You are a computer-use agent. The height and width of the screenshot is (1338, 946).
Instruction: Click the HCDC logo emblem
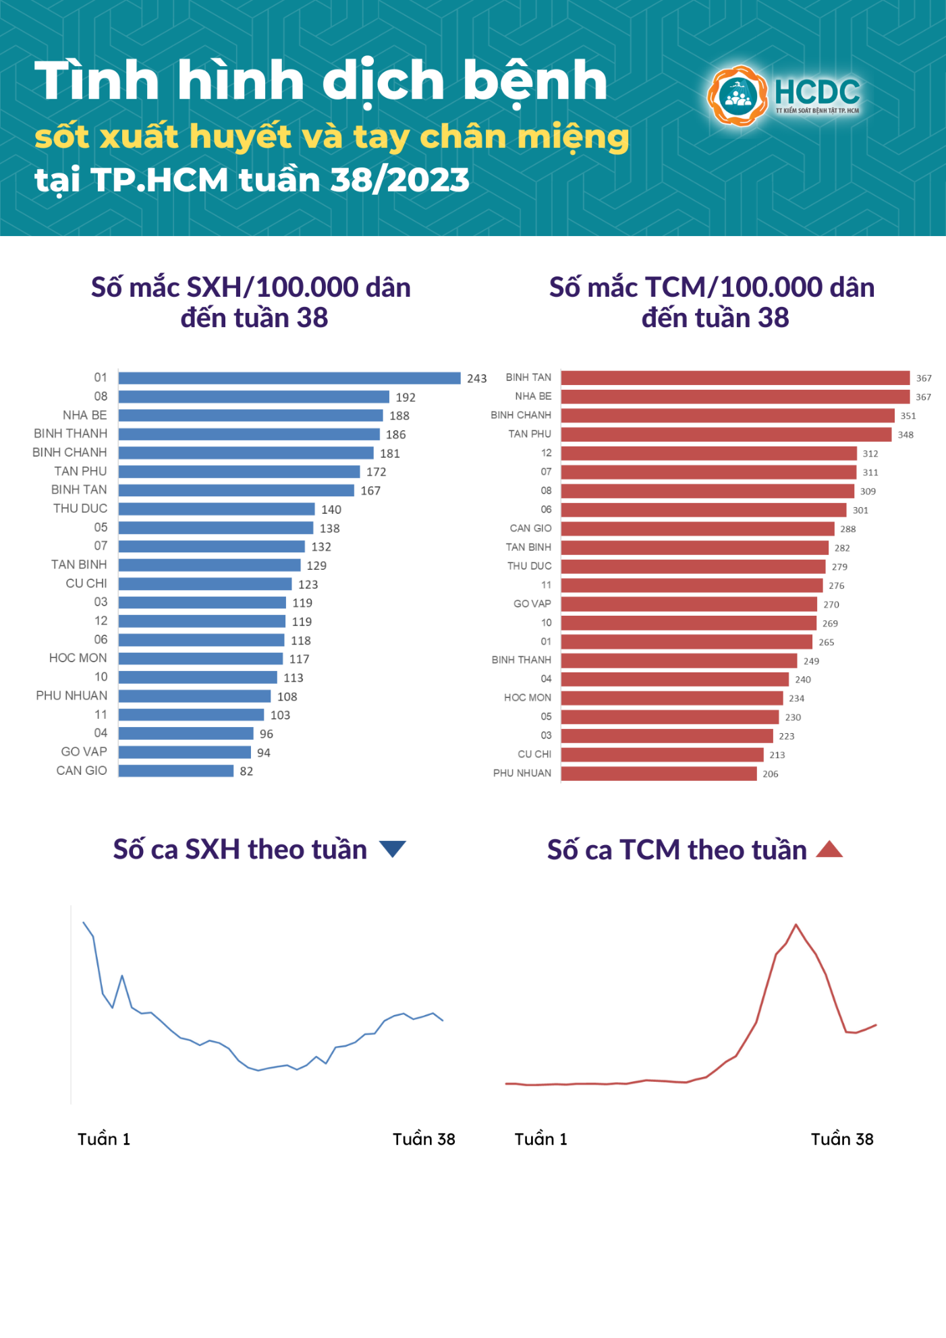point(738,96)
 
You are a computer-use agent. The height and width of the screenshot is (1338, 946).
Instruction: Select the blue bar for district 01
point(289,378)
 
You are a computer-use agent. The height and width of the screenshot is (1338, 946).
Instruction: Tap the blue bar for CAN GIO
point(176,771)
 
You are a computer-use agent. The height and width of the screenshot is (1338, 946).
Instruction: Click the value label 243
point(476,378)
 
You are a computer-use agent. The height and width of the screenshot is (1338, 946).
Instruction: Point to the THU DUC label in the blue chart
point(80,508)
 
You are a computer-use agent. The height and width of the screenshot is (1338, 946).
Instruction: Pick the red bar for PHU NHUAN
point(659,774)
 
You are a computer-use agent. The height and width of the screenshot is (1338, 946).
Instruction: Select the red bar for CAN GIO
point(698,529)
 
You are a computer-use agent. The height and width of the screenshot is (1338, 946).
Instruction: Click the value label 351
point(908,416)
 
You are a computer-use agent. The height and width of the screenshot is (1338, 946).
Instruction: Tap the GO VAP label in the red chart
point(532,604)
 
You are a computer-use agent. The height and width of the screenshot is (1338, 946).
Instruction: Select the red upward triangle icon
point(829,849)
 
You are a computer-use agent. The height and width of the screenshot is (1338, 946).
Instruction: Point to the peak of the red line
point(796,925)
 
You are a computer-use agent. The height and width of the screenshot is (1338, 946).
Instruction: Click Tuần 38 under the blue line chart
point(424,1139)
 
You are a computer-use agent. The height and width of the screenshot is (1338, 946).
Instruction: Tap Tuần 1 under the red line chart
point(540,1139)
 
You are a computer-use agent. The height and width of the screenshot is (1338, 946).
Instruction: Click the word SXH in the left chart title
point(214,288)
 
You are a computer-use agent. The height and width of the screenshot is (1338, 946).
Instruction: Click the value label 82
point(246,772)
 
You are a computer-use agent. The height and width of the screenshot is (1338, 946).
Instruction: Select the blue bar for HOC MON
point(200,659)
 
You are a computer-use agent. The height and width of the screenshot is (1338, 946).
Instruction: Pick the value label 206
point(770,774)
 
